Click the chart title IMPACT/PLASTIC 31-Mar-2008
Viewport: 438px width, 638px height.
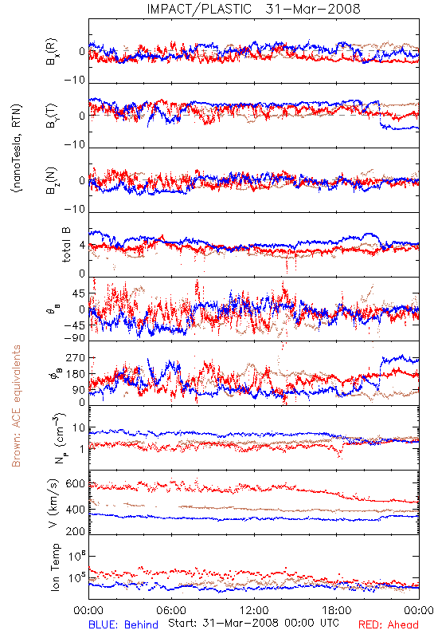click(x=253, y=9)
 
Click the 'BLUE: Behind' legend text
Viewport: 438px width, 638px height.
click(x=123, y=624)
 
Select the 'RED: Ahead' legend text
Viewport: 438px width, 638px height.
click(x=388, y=624)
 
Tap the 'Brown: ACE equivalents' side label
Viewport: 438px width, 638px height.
click(x=16, y=406)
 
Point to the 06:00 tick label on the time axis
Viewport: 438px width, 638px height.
click(x=171, y=610)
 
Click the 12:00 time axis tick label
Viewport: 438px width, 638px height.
click(x=254, y=610)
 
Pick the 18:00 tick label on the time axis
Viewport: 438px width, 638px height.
click(x=336, y=610)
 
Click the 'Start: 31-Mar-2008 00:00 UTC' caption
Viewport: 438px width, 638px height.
click(x=253, y=623)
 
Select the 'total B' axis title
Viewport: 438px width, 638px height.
click(x=66, y=245)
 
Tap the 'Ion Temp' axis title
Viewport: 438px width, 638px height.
click(x=55, y=567)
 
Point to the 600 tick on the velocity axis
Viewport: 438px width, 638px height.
click(x=75, y=483)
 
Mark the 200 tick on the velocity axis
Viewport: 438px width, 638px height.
click(x=75, y=531)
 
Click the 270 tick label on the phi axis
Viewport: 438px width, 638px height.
click(x=75, y=357)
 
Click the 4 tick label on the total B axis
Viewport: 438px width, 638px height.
click(x=82, y=246)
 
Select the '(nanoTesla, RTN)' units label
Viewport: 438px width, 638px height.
click(x=18, y=148)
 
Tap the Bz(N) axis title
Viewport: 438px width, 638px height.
click(x=52, y=180)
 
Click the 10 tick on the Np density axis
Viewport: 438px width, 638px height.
click(x=79, y=427)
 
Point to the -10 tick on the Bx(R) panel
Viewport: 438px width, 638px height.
click(x=74, y=80)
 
